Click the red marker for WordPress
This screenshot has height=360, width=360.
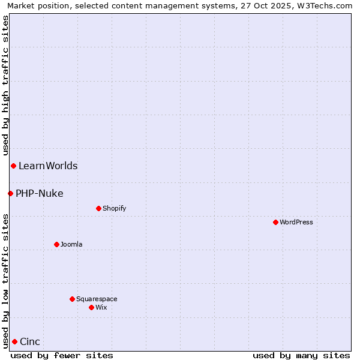(275, 222)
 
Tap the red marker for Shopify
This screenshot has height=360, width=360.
(98, 208)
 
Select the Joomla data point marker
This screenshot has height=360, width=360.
(56, 244)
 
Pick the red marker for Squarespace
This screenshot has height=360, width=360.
(72, 299)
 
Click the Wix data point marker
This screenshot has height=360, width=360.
(91, 307)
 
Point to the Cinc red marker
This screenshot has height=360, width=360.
(14, 341)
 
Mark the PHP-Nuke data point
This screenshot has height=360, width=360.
(10, 193)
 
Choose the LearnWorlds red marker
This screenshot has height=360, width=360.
(13, 166)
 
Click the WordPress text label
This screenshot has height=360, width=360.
(296, 222)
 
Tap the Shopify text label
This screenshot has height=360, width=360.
(114, 208)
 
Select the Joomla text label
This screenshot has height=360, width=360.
(71, 244)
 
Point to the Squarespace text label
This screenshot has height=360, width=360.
(97, 299)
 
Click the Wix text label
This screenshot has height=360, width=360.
(101, 307)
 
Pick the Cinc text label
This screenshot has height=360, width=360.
(30, 342)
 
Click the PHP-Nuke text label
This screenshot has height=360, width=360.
(40, 193)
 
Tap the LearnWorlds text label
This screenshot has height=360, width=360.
(48, 166)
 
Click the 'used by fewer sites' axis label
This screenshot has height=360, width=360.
(62, 355)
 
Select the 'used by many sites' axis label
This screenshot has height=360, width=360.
(301, 355)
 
